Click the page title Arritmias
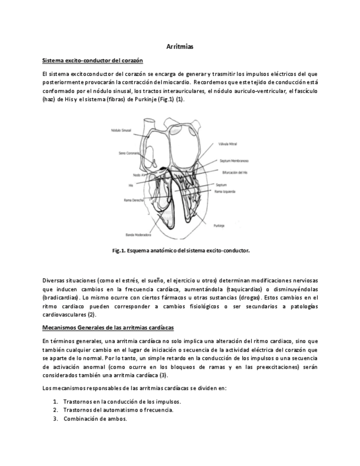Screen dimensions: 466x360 (180, 48)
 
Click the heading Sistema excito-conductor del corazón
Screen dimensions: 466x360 (92, 60)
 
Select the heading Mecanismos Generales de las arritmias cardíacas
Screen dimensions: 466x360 (108, 328)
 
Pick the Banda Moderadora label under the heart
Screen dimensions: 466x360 (137, 235)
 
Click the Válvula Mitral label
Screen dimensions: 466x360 (226, 143)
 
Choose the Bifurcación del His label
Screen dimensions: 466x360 (230, 172)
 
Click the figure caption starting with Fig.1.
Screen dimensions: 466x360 (181, 250)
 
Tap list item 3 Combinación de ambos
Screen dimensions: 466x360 (95, 418)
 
